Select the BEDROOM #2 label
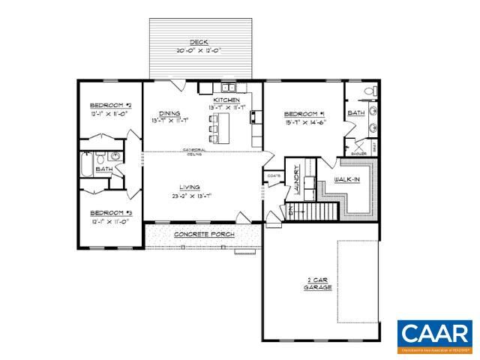click(111, 104)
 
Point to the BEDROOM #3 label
click(111, 212)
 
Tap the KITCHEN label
click(226, 100)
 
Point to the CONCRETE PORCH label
click(204, 235)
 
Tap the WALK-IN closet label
click(349, 181)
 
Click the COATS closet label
click(273, 176)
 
